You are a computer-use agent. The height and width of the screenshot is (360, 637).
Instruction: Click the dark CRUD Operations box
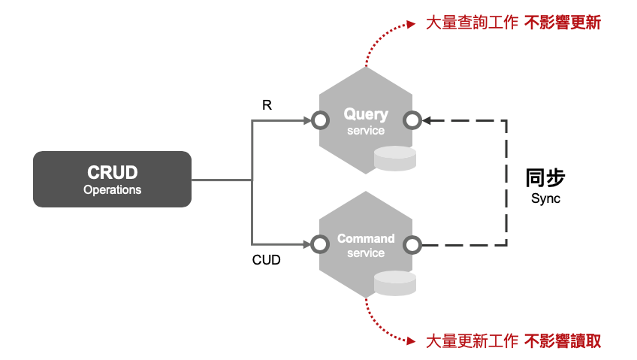click(x=112, y=179)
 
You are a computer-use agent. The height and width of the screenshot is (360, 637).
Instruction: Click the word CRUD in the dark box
click(x=112, y=172)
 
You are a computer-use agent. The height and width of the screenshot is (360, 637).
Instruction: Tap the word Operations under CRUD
click(x=112, y=190)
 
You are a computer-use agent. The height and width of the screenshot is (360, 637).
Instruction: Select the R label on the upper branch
click(x=267, y=105)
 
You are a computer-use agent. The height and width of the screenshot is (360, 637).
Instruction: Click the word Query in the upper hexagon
click(x=366, y=114)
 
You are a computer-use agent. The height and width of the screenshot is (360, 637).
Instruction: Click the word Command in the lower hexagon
click(x=366, y=238)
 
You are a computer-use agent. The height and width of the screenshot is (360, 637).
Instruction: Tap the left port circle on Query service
click(x=320, y=120)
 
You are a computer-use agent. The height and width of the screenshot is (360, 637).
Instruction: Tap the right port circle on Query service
click(x=412, y=120)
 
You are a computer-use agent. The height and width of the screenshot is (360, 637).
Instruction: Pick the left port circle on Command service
click(x=320, y=244)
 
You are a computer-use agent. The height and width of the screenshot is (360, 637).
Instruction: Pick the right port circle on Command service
click(x=412, y=244)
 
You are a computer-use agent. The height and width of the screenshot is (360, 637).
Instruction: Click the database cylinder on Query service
click(x=395, y=159)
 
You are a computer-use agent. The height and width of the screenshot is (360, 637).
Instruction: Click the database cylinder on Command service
click(x=395, y=283)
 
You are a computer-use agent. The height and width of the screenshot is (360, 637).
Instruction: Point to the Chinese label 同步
click(x=545, y=178)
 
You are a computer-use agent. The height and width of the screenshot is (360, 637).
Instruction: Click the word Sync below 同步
click(x=545, y=199)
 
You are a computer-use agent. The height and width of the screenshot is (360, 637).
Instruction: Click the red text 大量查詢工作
click(x=472, y=23)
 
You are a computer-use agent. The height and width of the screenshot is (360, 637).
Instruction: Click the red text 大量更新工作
click(x=472, y=340)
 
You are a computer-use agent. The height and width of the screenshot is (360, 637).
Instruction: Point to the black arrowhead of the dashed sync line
click(x=427, y=120)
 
